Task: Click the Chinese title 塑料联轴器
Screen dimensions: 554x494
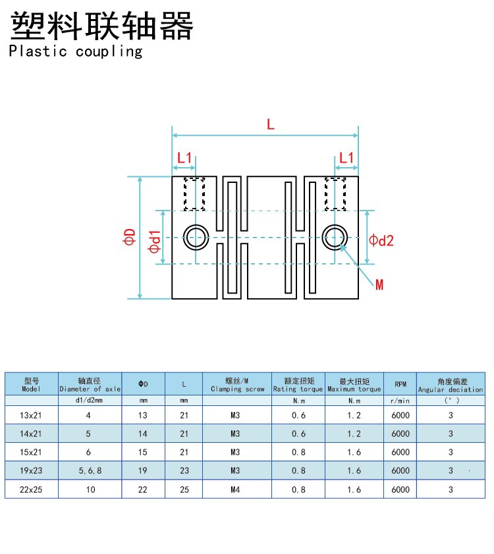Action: coord(102,26)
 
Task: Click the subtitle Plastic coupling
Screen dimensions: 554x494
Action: coord(76,51)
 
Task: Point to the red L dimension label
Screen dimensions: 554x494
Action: coord(270,123)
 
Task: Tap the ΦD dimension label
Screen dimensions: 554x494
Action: coord(129,237)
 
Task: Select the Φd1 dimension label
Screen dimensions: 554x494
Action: coord(154,241)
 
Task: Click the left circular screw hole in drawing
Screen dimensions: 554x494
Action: coord(196,237)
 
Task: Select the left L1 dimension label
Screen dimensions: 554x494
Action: coord(184,158)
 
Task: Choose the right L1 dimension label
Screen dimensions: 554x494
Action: coord(346,158)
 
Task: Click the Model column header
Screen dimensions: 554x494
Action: coord(32,384)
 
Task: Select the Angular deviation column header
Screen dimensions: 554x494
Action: coord(451,384)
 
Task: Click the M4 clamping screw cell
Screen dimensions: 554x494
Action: coord(235,490)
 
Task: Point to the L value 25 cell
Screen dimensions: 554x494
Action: coord(184,490)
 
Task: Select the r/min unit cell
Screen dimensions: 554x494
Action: coord(400,400)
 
